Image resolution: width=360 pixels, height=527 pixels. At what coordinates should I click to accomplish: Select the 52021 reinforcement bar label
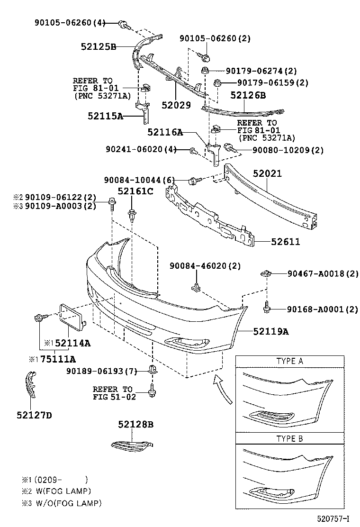(267, 174)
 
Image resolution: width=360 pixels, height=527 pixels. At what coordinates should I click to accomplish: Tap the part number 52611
(285, 242)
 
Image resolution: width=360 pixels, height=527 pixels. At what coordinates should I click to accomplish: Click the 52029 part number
(176, 105)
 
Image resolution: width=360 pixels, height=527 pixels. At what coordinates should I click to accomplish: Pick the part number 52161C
(135, 191)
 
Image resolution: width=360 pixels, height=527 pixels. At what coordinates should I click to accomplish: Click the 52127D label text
(33, 416)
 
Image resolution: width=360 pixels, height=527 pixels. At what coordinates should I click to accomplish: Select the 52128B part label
(136, 425)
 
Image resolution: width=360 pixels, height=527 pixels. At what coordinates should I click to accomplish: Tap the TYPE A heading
(289, 361)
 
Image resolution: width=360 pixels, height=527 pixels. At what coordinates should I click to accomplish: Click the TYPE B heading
(289, 439)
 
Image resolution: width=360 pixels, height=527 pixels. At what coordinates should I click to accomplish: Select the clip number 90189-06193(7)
(101, 370)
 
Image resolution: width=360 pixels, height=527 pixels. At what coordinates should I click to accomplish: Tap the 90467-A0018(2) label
(323, 273)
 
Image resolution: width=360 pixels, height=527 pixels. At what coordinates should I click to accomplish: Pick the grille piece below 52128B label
(132, 444)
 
